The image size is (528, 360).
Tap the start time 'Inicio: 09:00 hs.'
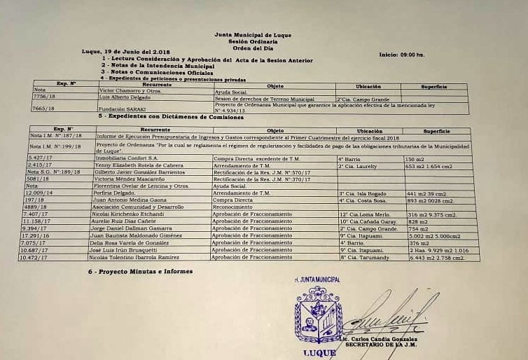[x=402, y=54]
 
